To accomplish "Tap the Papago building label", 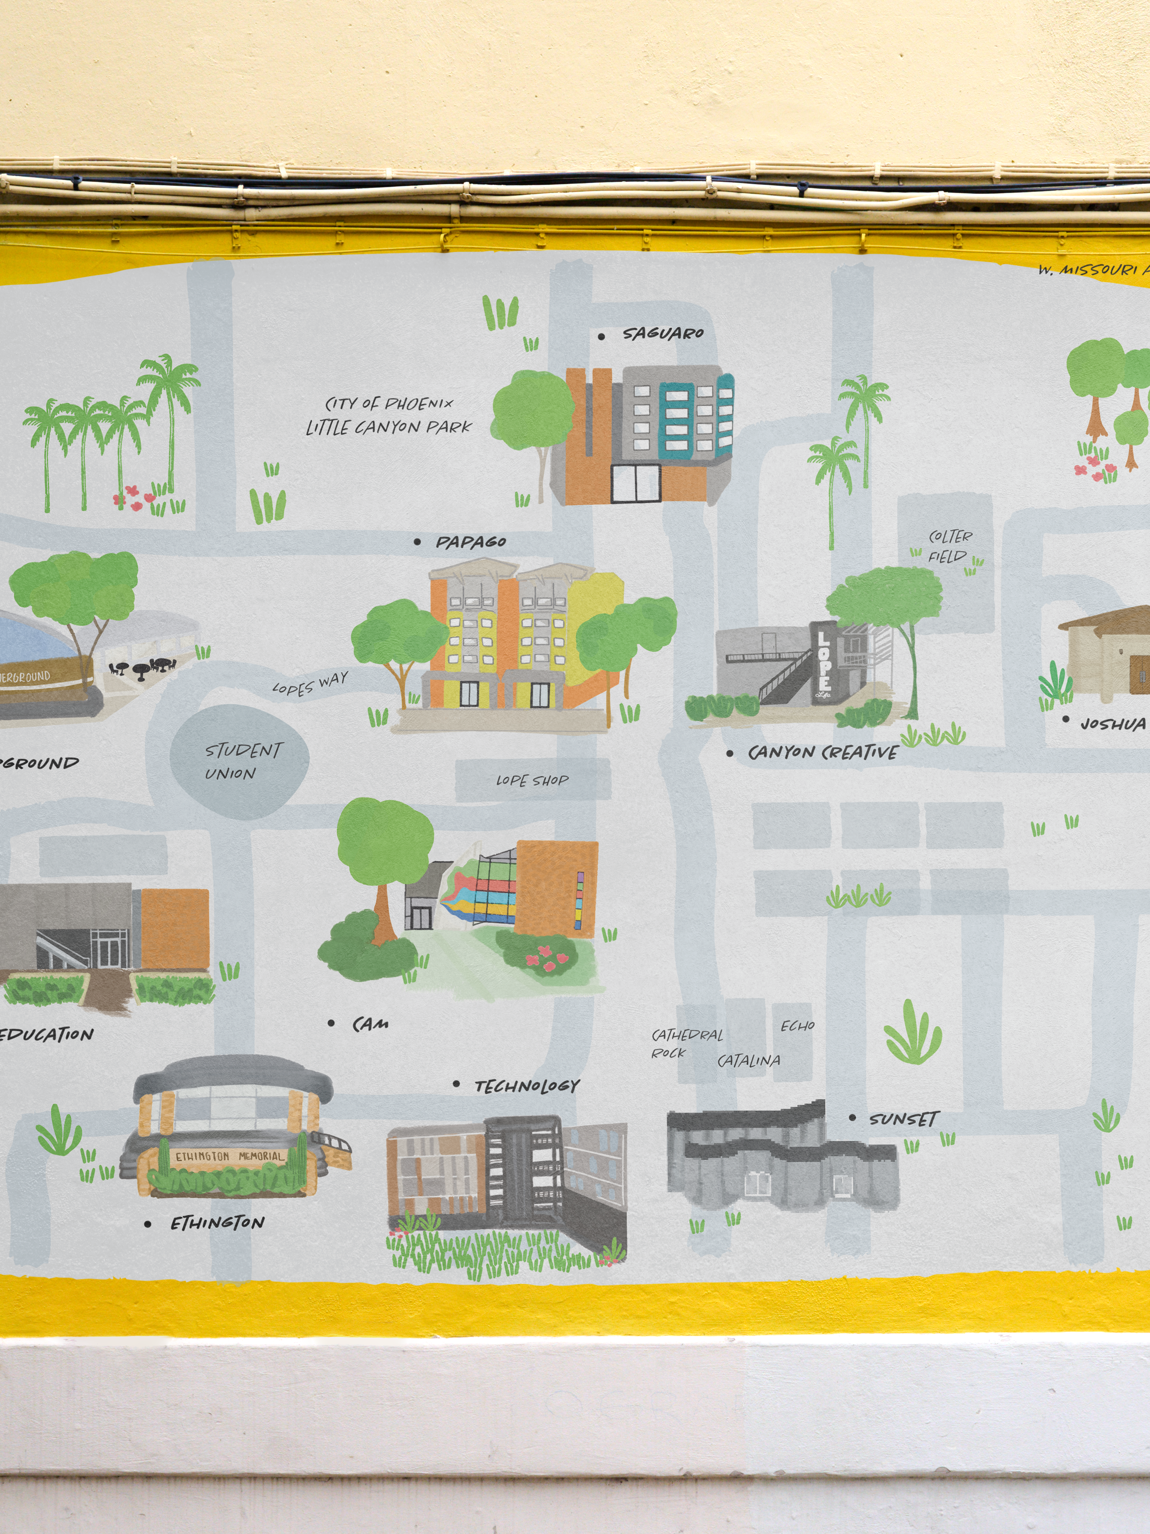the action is (x=471, y=542).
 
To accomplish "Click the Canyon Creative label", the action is (x=823, y=752).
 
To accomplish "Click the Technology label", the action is (x=527, y=1086).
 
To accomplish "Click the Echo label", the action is (x=797, y=1026).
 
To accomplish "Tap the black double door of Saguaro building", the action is (x=635, y=483).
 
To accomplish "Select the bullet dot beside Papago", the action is (x=417, y=542).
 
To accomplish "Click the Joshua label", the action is (x=1112, y=724).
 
